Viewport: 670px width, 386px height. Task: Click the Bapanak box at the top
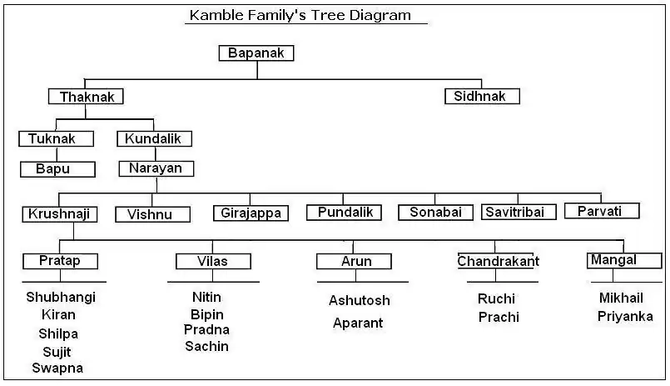pyautogui.click(x=256, y=53)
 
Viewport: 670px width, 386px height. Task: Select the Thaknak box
pyautogui.click(x=86, y=96)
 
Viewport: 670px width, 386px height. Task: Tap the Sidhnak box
pyautogui.click(x=482, y=96)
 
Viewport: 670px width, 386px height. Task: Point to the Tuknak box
pyautogui.click(x=56, y=138)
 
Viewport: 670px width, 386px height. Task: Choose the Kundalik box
pyautogui.click(x=154, y=138)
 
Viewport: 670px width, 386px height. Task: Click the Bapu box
pyautogui.click(x=57, y=169)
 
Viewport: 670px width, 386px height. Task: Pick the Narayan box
pyautogui.click(x=156, y=168)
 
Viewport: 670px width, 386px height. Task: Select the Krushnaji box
pyautogui.click(x=59, y=214)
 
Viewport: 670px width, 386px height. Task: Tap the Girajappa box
pyautogui.click(x=251, y=213)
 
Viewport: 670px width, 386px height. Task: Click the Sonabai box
pyautogui.click(x=436, y=213)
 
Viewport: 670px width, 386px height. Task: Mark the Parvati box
pyautogui.click(x=602, y=211)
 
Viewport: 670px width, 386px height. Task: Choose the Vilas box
pyautogui.click(x=213, y=261)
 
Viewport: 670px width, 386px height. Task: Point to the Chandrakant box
pyautogui.click(x=496, y=261)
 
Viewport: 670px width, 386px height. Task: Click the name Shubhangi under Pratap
pyautogui.click(x=61, y=297)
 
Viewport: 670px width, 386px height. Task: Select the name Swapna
pyautogui.click(x=57, y=368)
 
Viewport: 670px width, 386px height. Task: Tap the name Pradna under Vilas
pyautogui.click(x=206, y=329)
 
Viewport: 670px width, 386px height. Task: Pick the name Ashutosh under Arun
pyautogui.click(x=360, y=300)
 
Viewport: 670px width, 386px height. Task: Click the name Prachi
pyautogui.click(x=499, y=317)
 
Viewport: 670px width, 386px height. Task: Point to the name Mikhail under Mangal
pyautogui.click(x=621, y=298)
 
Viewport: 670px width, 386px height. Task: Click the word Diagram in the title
pyautogui.click(x=380, y=15)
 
